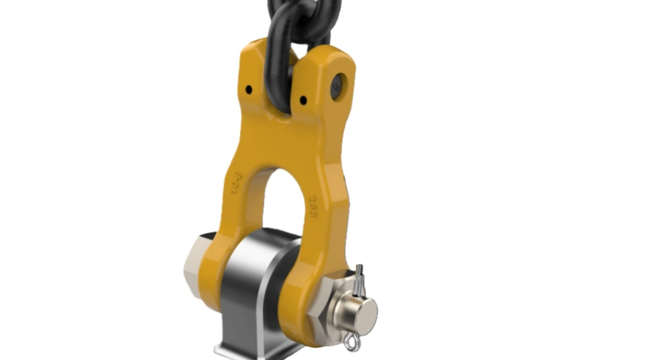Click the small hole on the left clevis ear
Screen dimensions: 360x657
pos(249,89)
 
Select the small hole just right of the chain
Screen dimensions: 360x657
pos(303,101)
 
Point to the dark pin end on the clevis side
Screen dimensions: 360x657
pos(337,86)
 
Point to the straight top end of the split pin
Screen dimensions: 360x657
pos(359,271)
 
